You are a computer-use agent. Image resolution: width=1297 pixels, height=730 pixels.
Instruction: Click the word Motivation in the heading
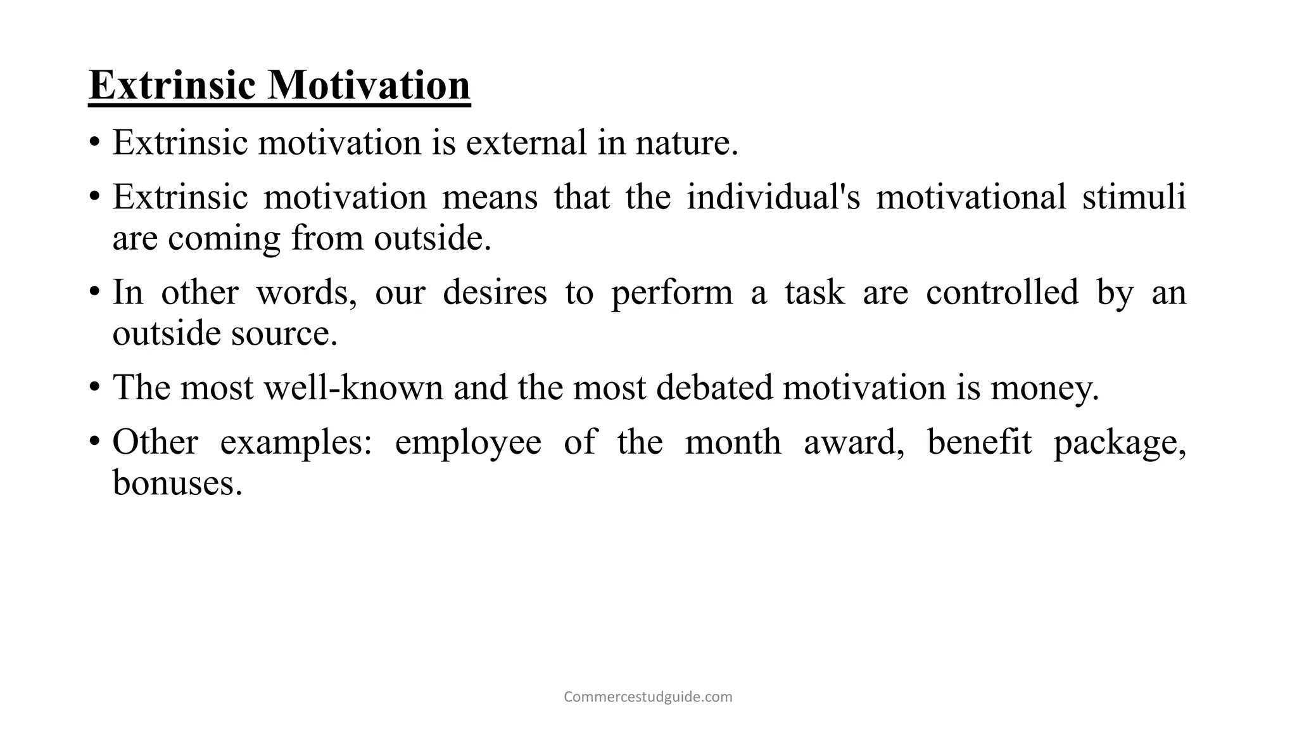click(369, 85)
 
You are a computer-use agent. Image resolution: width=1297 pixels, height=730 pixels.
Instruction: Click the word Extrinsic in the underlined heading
click(172, 85)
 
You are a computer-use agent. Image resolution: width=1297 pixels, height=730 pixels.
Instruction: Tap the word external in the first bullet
click(526, 142)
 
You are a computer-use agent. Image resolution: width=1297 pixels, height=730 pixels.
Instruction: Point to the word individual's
click(773, 196)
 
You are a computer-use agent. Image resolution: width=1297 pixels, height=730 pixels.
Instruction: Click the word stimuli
click(1134, 196)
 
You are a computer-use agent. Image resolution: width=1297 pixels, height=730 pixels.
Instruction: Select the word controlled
click(1002, 293)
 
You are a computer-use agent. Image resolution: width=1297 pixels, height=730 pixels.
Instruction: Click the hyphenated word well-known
click(353, 387)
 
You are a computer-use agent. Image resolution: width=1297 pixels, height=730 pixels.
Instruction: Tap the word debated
click(714, 387)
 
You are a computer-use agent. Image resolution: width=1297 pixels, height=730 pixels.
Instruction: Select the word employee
click(468, 442)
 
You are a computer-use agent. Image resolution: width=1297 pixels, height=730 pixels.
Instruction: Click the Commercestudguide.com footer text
click(648, 697)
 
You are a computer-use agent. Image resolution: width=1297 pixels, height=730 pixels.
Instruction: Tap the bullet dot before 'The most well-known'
click(94, 387)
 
